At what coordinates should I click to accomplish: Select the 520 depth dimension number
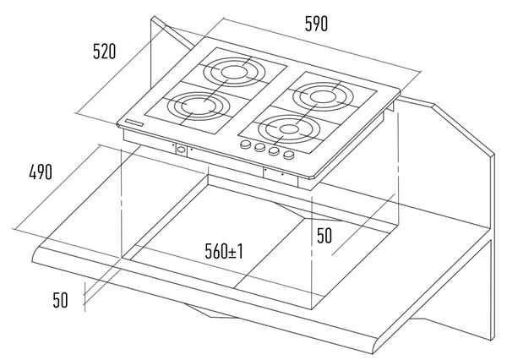click(x=104, y=52)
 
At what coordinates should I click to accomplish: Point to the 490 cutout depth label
click(x=41, y=172)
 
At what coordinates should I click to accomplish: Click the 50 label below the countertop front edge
click(x=60, y=299)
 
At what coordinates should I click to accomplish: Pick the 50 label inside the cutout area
click(x=324, y=236)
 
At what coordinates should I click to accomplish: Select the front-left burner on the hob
click(x=195, y=107)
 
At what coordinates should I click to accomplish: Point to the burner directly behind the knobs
click(x=290, y=130)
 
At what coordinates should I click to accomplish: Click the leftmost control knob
click(x=246, y=145)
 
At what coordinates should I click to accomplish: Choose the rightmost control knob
click(x=289, y=155)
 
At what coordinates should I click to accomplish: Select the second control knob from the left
click(x=259, y=149)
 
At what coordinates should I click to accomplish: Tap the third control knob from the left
click(x=274, y=152)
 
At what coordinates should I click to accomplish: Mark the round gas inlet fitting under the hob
click(x=180, y=150)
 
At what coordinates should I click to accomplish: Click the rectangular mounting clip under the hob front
click(x=275, y=173)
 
